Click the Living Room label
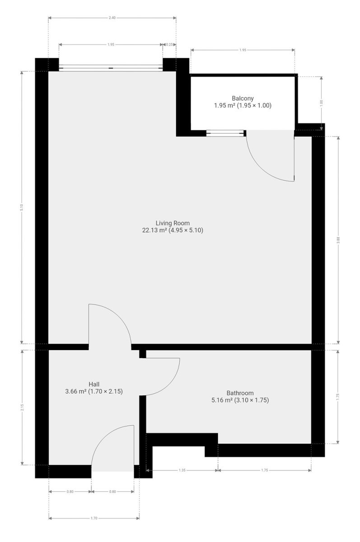point(172,223)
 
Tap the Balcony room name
point(243,98)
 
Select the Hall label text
point(94,384)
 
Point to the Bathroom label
point(240,393)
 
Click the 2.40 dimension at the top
point(112,18)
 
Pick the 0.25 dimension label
point(169,45)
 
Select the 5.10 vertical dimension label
point(22,207)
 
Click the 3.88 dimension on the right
point(338,239)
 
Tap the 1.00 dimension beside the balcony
point(321,103)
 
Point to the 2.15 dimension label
point(22,407)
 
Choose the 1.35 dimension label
point(182,470)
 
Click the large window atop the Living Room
point(111,68)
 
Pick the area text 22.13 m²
point(154,230)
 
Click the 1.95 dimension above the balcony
point(243,50)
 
